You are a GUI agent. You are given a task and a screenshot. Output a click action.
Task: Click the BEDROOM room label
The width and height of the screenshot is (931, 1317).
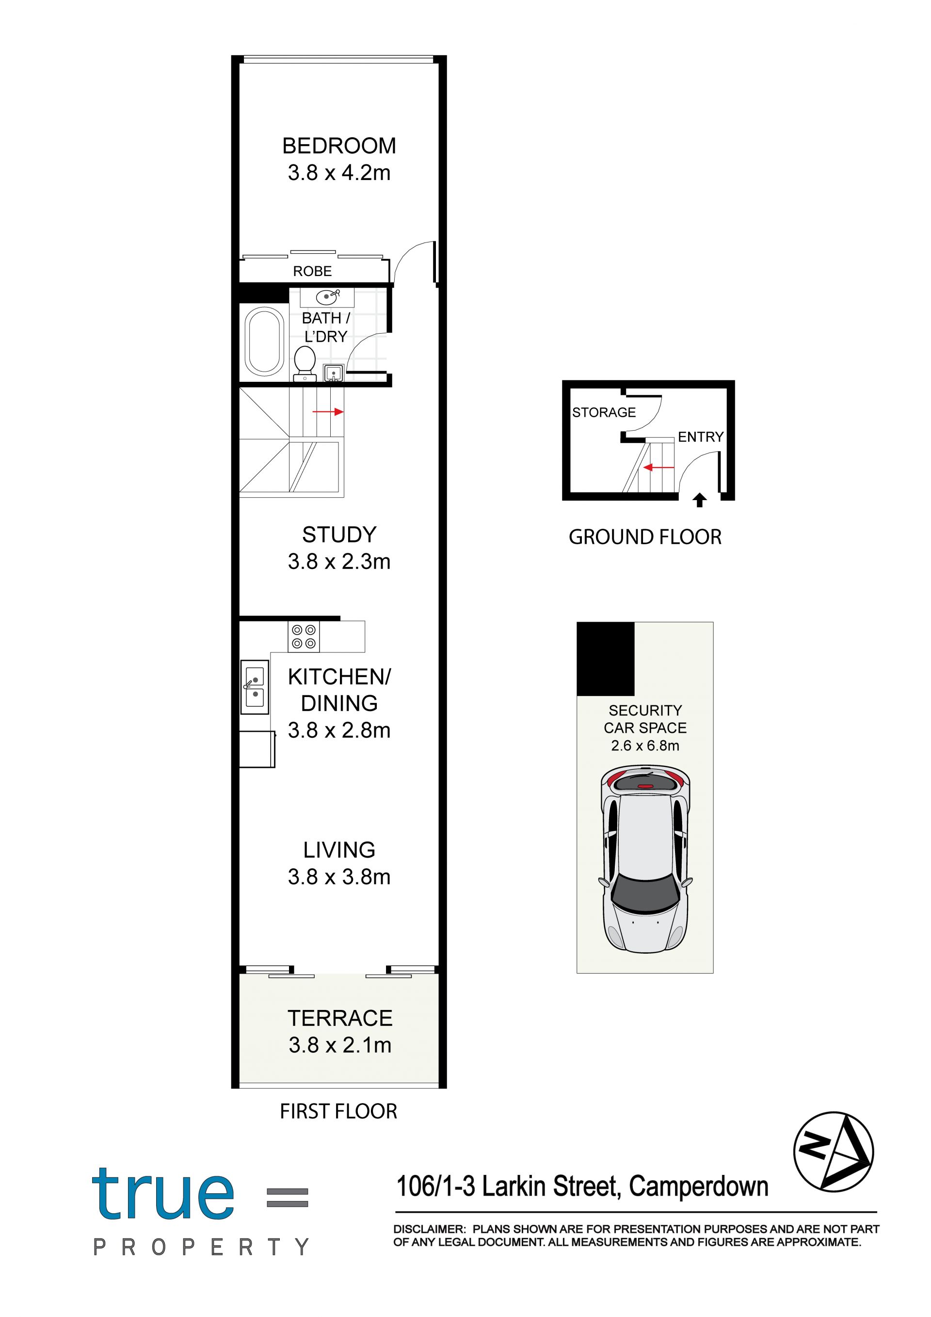(339, 146)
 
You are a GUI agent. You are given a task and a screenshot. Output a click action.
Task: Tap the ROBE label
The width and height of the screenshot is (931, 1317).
(312, 271)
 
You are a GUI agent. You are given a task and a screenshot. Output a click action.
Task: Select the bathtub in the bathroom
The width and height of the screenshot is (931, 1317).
(264, 342)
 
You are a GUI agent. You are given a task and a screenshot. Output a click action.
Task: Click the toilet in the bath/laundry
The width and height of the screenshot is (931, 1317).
(305, 364)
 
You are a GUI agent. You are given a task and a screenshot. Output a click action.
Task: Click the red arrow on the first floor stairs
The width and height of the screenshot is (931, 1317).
(328, 412)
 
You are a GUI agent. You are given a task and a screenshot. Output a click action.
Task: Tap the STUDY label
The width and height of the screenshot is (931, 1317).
(339, 535)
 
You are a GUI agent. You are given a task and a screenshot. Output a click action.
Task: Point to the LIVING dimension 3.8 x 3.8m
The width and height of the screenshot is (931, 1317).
(339, 877)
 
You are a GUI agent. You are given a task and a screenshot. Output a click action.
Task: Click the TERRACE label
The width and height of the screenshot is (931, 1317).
(340, 1018)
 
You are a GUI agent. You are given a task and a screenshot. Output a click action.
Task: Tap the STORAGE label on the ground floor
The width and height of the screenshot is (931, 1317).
(604, 412)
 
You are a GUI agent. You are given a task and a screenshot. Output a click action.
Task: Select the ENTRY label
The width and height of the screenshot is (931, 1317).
(701, 437)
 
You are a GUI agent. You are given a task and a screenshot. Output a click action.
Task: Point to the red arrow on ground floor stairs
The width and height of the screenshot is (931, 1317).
(658, 468)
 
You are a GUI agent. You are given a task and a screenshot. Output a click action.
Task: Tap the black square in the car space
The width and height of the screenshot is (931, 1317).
(605, 659)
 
